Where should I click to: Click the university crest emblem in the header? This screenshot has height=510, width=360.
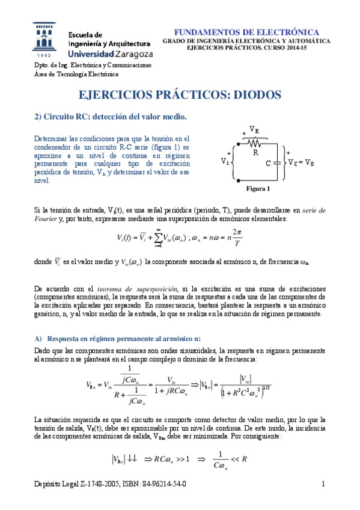(x=46, y=36)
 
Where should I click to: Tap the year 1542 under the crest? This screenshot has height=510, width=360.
(x=45, y=54)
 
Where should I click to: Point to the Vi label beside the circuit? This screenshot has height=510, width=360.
(x=225, y=161)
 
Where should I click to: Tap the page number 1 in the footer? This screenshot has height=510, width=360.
(x=323, y=483)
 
